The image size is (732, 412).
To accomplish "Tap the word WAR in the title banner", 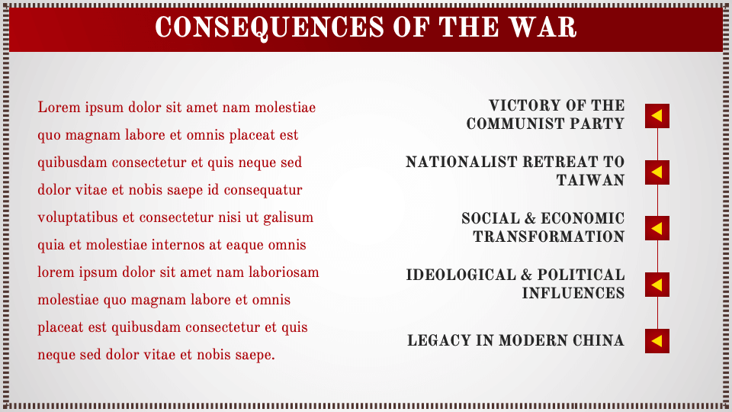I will [x=544, y=27].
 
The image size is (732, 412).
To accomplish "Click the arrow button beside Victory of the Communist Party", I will [x=657, y=116].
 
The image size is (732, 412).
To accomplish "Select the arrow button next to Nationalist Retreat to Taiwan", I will [x=657, y=172].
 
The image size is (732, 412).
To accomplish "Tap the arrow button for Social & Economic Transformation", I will [x=657, y=228].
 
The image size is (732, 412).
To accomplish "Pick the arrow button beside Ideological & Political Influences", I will [x=657, y=285].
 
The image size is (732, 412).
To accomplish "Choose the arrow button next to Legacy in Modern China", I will [x=657, y=340].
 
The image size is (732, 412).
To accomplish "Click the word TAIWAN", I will [x=590, y=181].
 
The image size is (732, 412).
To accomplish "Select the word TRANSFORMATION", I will [x=548, y=237].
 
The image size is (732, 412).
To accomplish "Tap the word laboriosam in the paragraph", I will [x=286, y=273].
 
